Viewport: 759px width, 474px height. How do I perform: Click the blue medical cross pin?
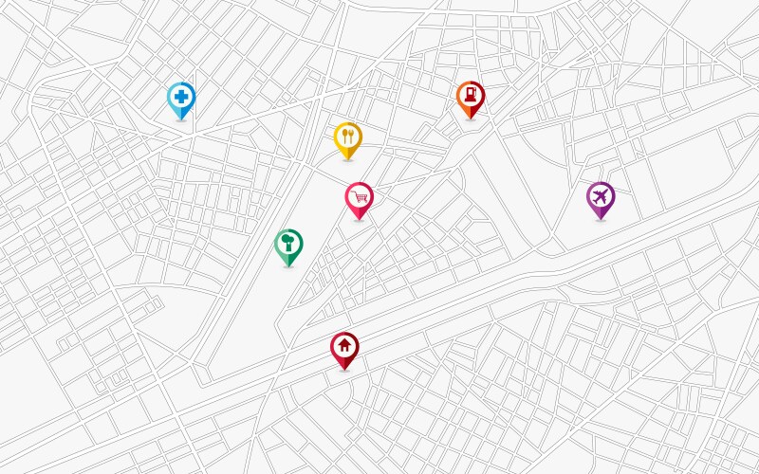[180, 97]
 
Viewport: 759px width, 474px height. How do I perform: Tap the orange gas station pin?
[470, 96]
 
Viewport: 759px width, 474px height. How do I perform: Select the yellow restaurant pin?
[348, 137]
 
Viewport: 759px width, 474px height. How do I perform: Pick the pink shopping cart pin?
[359, 197]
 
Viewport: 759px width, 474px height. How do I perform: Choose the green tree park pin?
[288, 244]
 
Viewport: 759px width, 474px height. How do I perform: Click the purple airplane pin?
[601, 197]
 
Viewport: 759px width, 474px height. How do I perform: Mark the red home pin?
[344, 347]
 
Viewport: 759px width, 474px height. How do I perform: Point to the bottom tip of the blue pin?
[180, 119]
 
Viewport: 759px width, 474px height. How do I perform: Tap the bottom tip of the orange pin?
[470, 118]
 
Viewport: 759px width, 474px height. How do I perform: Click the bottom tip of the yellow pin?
[348, 159]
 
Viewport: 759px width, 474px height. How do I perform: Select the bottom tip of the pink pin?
[359, 220]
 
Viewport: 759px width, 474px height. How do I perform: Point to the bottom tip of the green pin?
[288, 266]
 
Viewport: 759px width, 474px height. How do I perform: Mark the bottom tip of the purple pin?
[601, 220]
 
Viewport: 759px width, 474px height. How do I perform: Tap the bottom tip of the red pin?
[344, 370]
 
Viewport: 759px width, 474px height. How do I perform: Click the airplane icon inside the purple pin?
[601, 196]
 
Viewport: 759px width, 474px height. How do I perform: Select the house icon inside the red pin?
[344, 345]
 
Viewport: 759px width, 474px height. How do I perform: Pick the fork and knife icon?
[348, 137]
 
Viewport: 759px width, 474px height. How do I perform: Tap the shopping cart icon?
[359, 196]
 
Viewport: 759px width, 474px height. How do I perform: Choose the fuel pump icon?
[470, 95]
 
